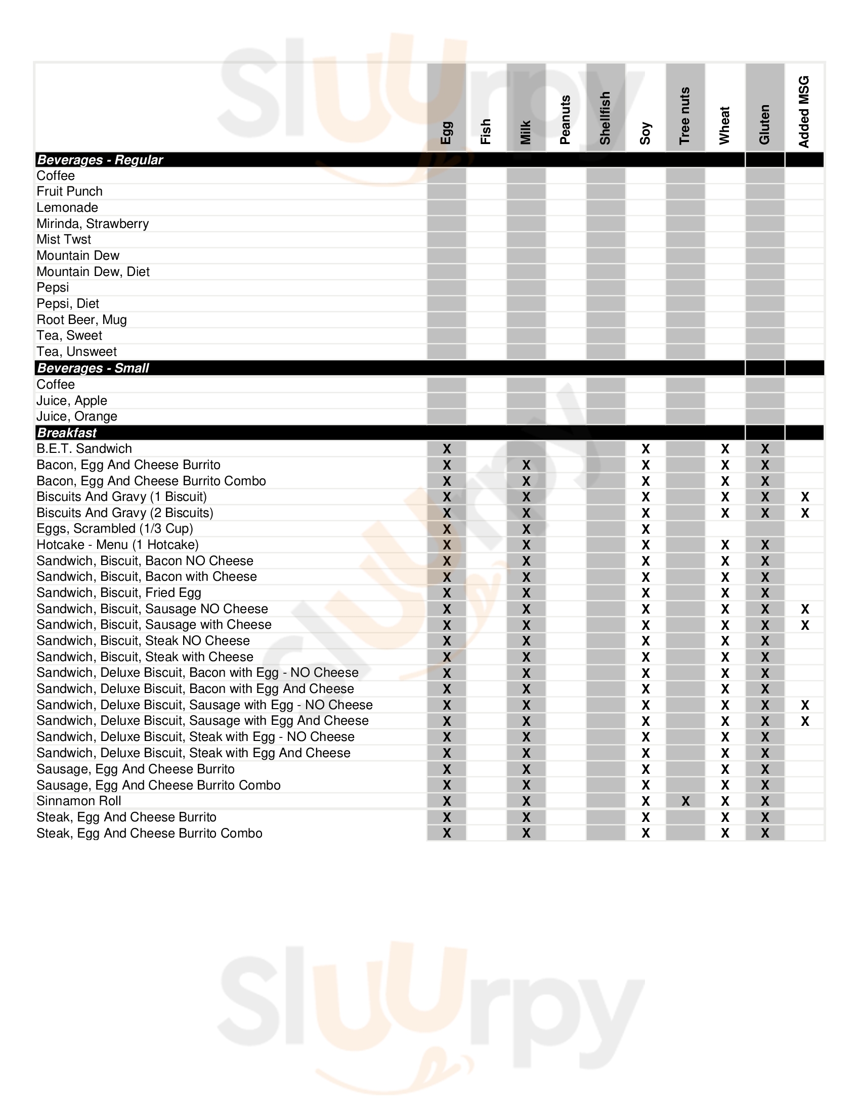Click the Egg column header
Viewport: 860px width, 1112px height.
click(446, 133)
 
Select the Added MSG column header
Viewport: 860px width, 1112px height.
click(804, 112)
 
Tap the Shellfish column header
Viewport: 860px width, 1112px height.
click(605, 118)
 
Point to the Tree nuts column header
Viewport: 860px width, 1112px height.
click(685, 116)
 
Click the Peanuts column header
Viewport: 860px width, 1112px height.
click(566, 120)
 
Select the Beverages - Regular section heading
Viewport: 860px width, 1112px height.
click(100, 160)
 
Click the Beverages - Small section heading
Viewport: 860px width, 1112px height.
click(93, 368)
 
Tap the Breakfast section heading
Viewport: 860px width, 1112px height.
click(67, 433)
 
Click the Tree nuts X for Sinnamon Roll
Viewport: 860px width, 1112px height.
click(686, 802)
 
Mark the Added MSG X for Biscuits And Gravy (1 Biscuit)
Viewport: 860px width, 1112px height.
click(805, 497)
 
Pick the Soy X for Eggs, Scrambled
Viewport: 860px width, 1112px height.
click(646, 529)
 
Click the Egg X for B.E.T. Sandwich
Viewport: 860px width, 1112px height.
click(447, 449)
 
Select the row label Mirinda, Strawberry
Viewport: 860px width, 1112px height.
click(93, 223)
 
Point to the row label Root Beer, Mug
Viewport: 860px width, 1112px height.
click(81, 320)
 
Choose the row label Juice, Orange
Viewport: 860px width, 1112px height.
click(77, 416)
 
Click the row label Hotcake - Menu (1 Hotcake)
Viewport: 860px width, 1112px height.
click(118, 545)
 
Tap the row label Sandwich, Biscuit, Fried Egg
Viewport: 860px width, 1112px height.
click(119, 593)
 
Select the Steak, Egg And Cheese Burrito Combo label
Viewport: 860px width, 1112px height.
click(149, 833)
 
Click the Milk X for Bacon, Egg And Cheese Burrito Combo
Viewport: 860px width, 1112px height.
click(526, 481)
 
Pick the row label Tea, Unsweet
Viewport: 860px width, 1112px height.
click(76, 352)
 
